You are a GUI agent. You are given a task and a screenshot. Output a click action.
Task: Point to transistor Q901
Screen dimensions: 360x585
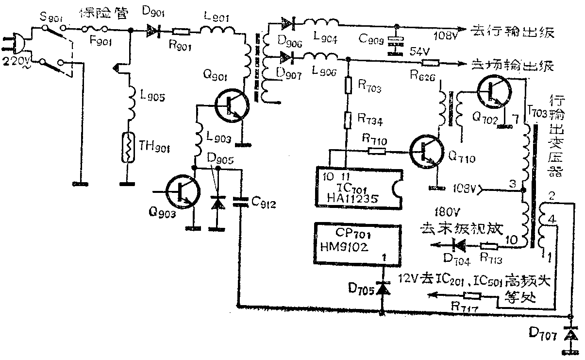231,105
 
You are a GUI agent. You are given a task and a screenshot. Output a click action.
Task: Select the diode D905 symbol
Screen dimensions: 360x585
217,203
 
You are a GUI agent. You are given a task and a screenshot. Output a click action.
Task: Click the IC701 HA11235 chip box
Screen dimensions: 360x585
359,189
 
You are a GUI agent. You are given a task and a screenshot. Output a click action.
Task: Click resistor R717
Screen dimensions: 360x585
471,295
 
